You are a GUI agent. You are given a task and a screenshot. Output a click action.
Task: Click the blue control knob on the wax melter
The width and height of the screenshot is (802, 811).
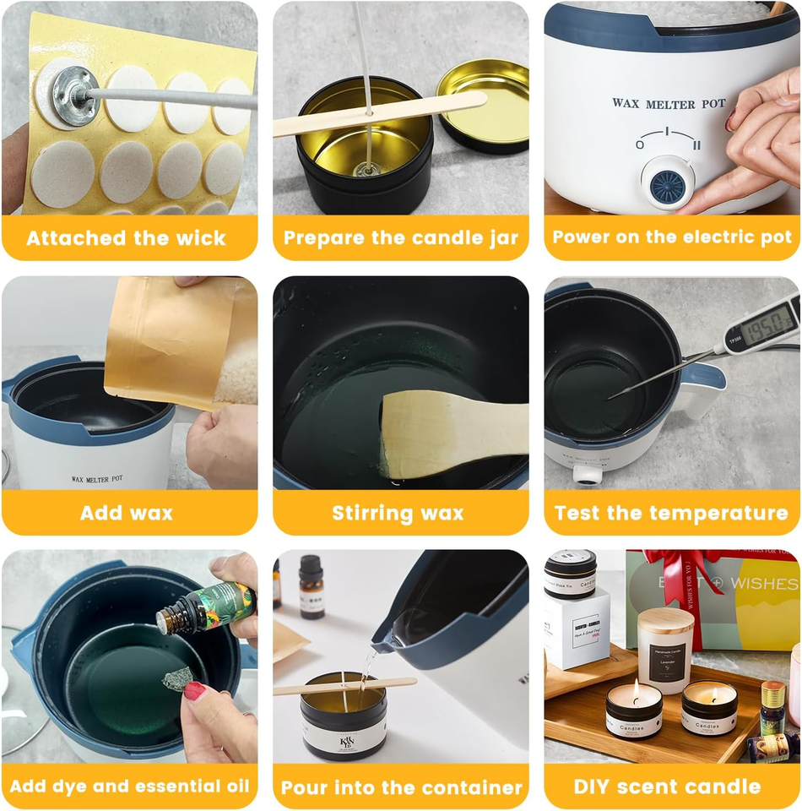(667, 180)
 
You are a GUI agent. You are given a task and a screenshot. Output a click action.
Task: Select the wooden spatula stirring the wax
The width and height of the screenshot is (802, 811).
(443, 431)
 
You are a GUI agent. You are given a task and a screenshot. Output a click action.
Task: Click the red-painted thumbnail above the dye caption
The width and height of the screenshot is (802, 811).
(195, 691)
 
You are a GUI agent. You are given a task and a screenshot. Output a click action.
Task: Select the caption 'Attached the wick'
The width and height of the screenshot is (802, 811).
(127, 238)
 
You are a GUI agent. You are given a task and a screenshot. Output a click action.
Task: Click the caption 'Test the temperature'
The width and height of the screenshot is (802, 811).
(671, 513)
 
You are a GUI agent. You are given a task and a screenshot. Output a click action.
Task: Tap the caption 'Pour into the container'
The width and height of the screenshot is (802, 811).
(401, 788)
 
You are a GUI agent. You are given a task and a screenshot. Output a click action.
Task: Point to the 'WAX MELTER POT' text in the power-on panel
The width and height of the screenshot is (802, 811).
(669, 104)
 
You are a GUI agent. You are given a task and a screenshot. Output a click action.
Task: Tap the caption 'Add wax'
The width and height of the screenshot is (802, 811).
(127, 513)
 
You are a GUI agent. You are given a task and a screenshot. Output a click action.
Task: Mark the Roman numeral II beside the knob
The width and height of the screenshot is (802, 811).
(696, 146)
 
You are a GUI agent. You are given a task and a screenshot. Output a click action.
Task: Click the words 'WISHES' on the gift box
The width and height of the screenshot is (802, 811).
(764, 584)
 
